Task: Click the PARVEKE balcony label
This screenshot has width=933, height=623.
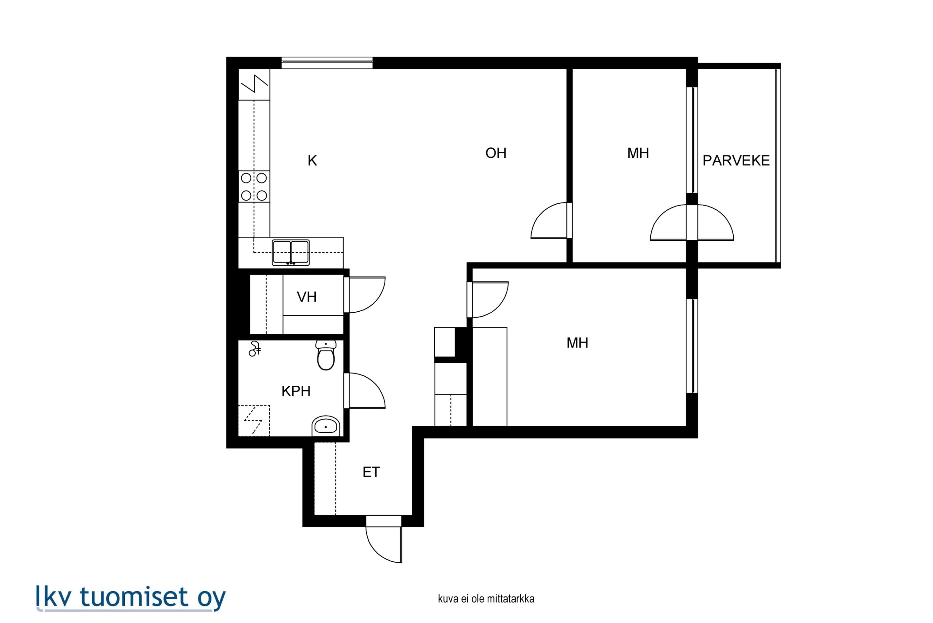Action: pyautogui.click(x=736, y=160)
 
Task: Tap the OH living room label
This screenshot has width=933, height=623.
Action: pyautogui.click(x=496, y=153)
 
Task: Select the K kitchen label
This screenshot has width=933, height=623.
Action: pyautogui.click(x=312, y=160)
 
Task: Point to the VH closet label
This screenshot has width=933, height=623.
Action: pyautogui.click(x=307, y=297)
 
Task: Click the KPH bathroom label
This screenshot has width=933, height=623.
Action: pyautogui.click(x=296, y=391)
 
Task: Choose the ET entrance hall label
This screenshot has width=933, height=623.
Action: pyautogui.click(x=371, y=472)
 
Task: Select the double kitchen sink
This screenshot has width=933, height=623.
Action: pyautogui.click(x=291, y=252)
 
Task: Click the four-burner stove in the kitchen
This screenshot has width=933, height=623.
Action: pyautogui.click(x=254, y=187)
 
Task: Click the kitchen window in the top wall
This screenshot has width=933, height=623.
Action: pyautogui.click(x=327, y=63)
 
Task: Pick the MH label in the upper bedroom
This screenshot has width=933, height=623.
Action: pyautogui.click(x=638, y=153)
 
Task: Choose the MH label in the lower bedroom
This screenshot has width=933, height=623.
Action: pyautogui.click(x=577, y=343)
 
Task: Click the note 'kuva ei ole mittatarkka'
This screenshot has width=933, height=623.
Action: pyautogui.click(x=486, y=599)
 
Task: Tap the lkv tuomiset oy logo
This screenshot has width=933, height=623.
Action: pyautogui.click(x=131, y=597)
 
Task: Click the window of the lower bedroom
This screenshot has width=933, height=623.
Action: pyautogui.click(x=692, y=346)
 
